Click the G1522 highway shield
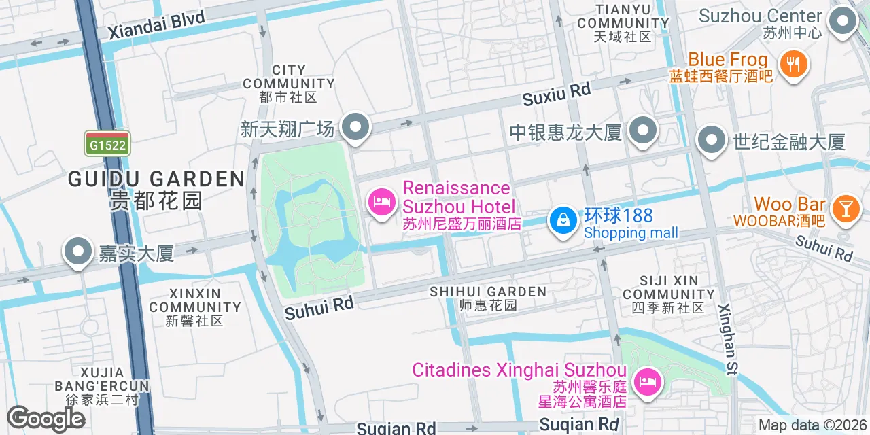107,145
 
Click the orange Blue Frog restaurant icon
793,65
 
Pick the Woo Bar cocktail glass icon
845,207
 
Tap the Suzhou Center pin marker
843,22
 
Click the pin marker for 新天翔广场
355,128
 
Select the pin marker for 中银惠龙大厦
642,130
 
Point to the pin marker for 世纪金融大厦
712,141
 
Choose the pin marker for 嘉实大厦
78,251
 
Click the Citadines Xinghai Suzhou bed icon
646,381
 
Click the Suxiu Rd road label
556,94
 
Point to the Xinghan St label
729,339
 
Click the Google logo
46,419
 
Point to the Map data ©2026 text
812,425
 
